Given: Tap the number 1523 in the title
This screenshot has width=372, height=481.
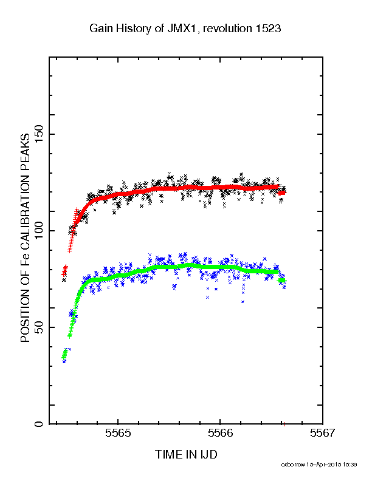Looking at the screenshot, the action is click(x=268, y=29).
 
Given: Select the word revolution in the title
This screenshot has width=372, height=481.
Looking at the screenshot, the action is click(x=227, y=29).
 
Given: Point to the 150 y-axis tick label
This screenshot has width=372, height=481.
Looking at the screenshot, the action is click(x=40, y=134).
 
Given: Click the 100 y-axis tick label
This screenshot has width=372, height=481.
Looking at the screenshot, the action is click(x=40, y=231).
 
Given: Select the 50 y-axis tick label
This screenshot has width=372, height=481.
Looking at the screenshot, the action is click(x=40, y=327).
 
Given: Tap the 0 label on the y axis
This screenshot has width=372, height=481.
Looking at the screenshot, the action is click(x=40, y=424).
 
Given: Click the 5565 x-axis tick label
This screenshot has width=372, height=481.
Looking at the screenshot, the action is click(x=118, y=433).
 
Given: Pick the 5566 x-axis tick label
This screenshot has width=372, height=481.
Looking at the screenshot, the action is click(x=221, y=433).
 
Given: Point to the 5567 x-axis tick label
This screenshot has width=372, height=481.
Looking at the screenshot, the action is click(x=323, y=433).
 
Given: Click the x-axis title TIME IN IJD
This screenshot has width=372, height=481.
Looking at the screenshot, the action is click(x=186, y=454).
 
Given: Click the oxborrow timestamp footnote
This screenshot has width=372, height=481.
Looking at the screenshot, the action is click(x=319, y=465).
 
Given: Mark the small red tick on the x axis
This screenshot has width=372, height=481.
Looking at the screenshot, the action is click(x=285, y=425).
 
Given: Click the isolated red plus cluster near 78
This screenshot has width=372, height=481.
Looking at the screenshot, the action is click(x=64, y=270).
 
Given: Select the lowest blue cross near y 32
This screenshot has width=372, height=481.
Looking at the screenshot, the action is click(x=64, y=361).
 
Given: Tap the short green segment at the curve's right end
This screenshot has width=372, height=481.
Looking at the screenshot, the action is click(x=281, y=281).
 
